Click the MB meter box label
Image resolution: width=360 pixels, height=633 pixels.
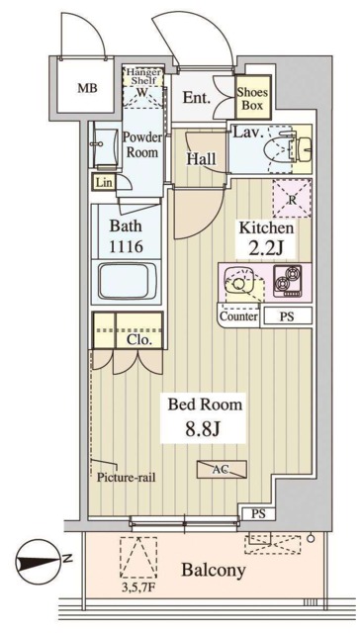click(88, 88)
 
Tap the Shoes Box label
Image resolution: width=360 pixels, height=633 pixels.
click(252, 99)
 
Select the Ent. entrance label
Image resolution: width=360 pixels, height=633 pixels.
click(197, 97)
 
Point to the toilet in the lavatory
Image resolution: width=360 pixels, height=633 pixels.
click(279, 147)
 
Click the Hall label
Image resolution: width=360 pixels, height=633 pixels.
click(201, 158)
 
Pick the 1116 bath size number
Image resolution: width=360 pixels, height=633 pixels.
click(127, 246)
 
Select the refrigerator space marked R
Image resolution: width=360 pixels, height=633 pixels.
click(292, 198)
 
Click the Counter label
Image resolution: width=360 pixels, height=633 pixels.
click(239, 316)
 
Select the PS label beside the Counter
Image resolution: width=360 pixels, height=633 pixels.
click(287, 316)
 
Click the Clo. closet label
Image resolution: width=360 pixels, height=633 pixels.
click(139, 340)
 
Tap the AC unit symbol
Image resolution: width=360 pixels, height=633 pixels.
click(222, 469)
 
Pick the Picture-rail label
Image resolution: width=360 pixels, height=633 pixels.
click(127, 477)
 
